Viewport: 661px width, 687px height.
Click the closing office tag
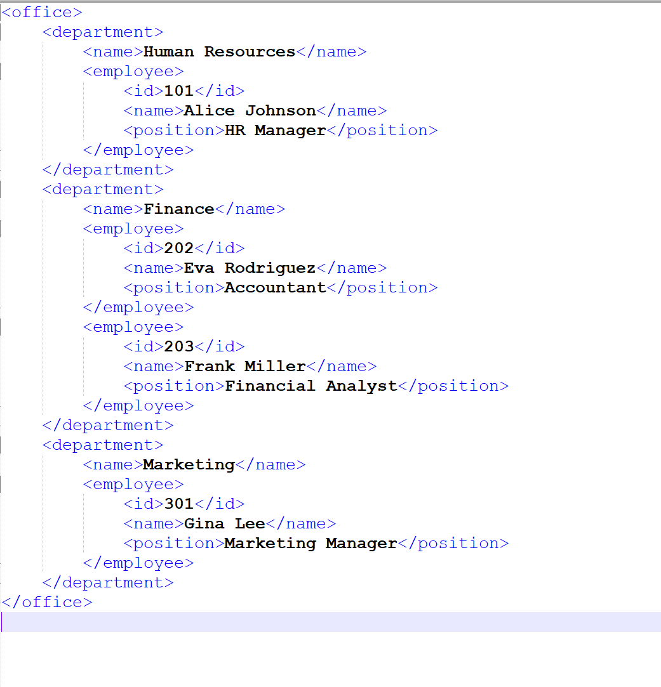(x=47, y=602)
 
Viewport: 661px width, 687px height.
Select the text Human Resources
(x=220, y=51)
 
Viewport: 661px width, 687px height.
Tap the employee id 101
(x=179, y=91)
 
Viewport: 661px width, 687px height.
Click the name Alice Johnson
(x=250, y=110)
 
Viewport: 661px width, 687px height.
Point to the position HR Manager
(x=276, y=130)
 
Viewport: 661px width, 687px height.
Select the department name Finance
(x=179, y=209)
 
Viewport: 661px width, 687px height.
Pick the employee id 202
(x=179, y=248)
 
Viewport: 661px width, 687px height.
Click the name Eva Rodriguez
(x=250, y=268)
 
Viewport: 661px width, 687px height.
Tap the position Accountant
(x=276, y=287)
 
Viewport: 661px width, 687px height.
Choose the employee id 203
(x=179, y=346)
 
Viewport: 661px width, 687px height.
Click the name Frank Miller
(x=245, y=366)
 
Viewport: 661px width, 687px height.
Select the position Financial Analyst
(x=311, y=386)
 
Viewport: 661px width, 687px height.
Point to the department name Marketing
(x=189, y=464)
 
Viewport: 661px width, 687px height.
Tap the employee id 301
(x=179, y=504)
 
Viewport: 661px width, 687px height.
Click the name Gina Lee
(x=225, y=523)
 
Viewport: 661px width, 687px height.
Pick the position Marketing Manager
(x=311, y=543)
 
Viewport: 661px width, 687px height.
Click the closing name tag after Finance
(x=250, y=209)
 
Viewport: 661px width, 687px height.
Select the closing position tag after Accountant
(x=382, y=287)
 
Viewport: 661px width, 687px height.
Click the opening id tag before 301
(x=144, y=504)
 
